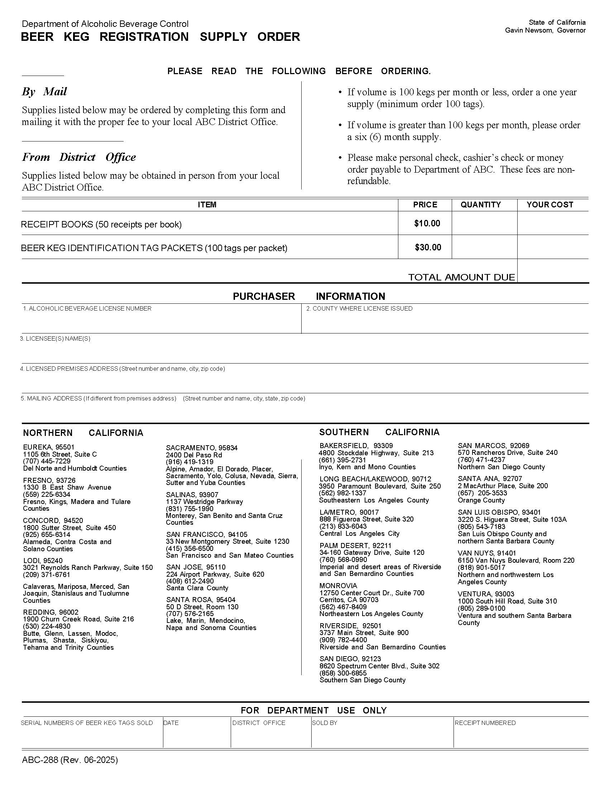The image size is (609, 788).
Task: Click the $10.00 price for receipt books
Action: (427, 224)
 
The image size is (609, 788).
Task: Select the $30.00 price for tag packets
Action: (428, 247)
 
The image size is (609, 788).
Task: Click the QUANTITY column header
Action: (480, 205)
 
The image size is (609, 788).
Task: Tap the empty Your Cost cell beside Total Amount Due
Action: (552, 270)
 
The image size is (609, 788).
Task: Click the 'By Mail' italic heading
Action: (44, 92)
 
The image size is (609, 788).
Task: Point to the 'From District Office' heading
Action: (79, 157)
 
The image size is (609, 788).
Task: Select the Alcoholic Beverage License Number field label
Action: (87, 308)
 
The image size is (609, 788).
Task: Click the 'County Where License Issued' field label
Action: (359, 308)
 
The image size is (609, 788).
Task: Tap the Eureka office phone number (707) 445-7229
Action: (47, 461)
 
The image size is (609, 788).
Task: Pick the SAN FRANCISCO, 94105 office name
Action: (207, 534)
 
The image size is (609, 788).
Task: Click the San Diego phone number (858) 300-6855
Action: (343, 673)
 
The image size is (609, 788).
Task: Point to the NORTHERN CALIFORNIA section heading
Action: (83, 433)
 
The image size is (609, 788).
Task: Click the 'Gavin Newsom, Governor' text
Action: (545, 30)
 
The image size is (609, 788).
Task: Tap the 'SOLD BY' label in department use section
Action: (324, 723)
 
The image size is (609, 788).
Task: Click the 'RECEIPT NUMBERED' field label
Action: (485, 723)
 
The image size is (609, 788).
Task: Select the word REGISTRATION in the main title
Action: (144, 37)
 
